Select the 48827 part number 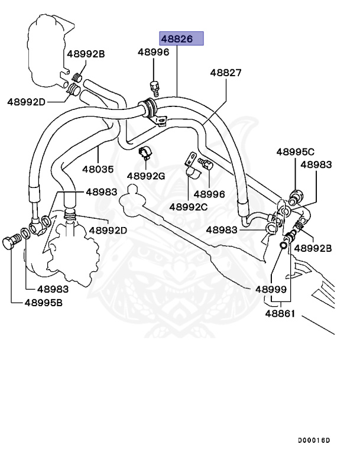point(226,72)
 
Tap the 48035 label point(98,168)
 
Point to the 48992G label point(146,176)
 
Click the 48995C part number point(295,152)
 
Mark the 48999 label point(271,290)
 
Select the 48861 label point(280,313)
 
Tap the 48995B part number point(44,303)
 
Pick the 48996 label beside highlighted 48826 point(154,52)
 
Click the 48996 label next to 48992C point(210,193)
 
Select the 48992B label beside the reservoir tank point(86,54)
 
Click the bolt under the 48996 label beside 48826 point(155,87)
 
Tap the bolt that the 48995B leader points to point(12,242)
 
